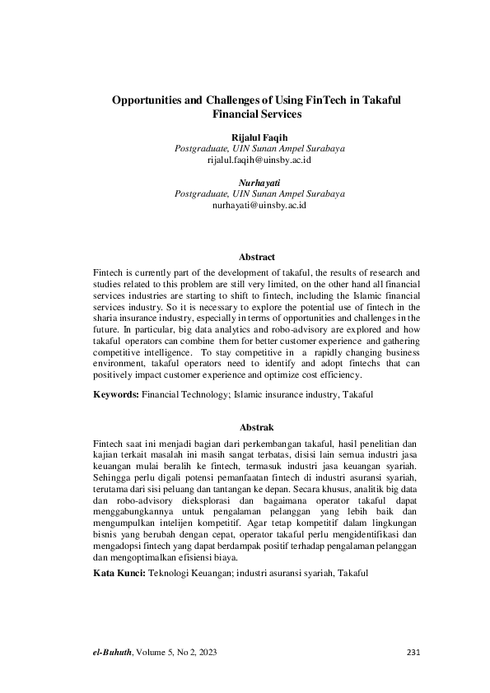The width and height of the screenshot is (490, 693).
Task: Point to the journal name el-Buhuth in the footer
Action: (x=113, y=653)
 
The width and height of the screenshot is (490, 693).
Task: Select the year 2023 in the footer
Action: (x=208, y=653)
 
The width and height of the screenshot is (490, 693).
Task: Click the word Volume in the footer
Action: (x=153, y=653)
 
